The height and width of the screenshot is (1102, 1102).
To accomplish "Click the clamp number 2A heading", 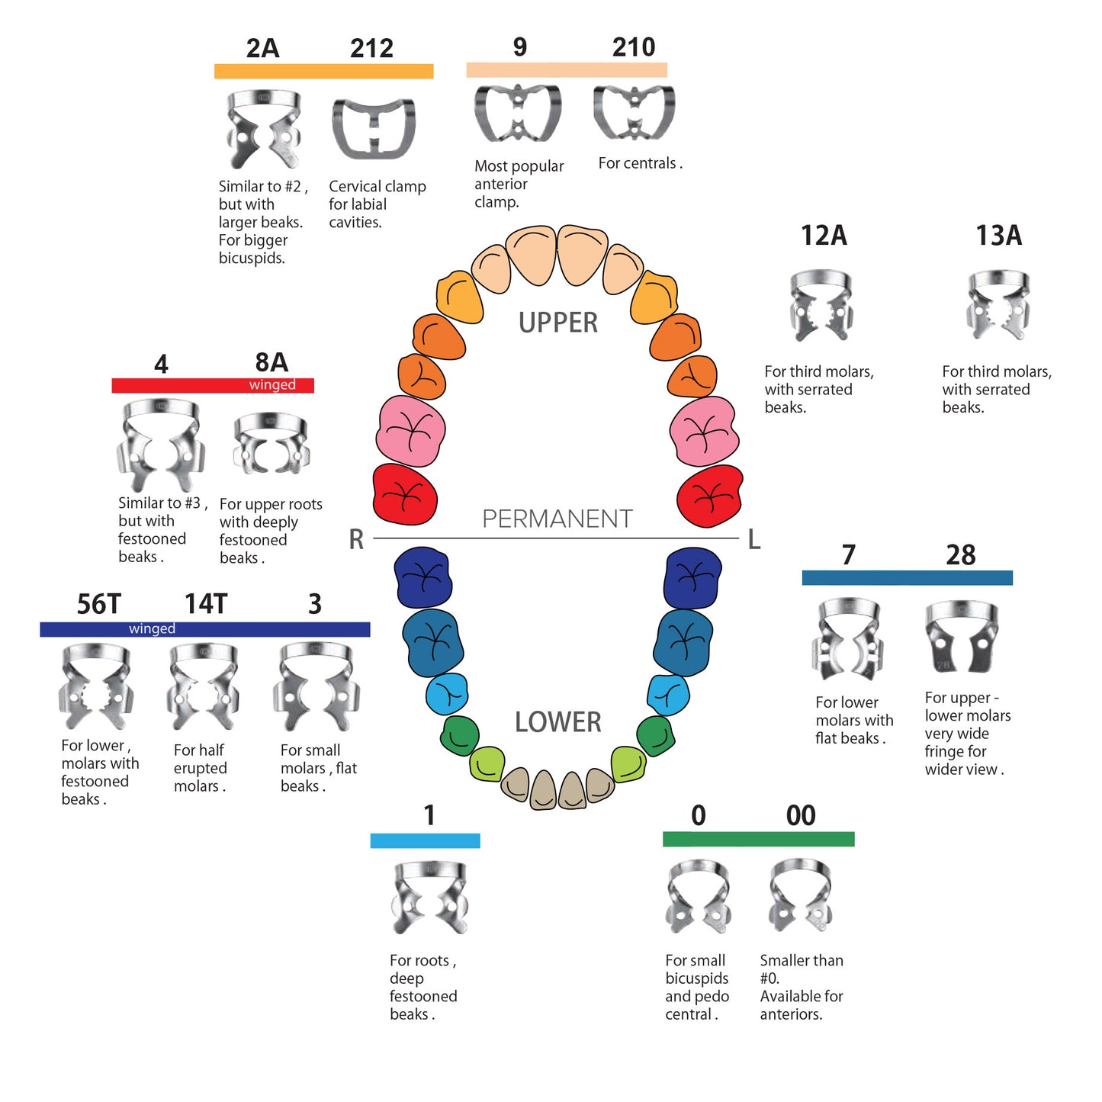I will pos(262,48).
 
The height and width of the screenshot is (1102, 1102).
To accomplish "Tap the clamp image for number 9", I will pos(518,113).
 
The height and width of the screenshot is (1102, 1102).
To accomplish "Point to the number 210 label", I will pos(634,47).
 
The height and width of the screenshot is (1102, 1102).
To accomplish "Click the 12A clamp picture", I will pos(821,305).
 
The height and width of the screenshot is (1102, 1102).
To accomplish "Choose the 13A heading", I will pos(998,236).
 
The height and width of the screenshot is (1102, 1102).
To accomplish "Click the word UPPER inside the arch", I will pos(558,323).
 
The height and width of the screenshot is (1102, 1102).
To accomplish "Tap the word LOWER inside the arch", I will pos(557,721).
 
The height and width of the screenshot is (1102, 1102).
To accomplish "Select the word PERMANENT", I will pos(557,519).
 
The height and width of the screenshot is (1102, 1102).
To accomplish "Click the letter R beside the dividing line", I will pos(356,539).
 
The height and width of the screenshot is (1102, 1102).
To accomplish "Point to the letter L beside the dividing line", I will pos(754,539).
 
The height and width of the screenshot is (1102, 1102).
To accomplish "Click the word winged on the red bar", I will pos(272,385).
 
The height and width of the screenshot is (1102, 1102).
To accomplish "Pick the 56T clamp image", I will pos(96,686).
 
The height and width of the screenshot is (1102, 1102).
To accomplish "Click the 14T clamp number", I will pos(206,604).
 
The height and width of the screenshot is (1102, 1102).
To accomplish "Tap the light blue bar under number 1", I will pos(425,840).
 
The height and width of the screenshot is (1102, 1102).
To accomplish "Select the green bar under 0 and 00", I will pos(758,839).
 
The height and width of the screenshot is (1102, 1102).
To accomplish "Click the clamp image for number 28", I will pos(962,637).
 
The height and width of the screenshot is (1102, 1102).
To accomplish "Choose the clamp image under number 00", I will pos(800,896).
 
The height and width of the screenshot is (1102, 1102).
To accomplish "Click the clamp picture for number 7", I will pos(847,639).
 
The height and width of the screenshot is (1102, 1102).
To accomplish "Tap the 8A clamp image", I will pos(271,444).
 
